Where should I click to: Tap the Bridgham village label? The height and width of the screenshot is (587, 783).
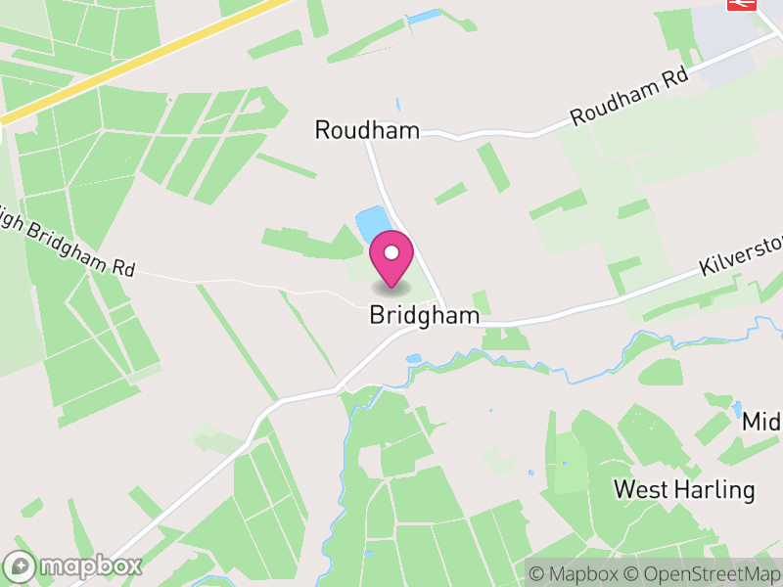coord(425,315)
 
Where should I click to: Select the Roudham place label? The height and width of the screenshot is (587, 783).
coord(366,130)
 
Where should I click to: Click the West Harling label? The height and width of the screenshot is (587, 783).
coord(684,488)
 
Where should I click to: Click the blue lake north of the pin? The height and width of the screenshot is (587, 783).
coord(371,224)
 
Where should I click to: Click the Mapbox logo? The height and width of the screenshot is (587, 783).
coord(74,565)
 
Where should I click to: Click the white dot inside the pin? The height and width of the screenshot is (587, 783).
coord(391,253)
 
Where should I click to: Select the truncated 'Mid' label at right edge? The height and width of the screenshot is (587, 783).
coord(761,422)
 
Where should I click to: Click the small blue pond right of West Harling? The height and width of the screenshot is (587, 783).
coord(736,409)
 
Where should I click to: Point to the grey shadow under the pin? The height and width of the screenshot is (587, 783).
coord(391,289)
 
